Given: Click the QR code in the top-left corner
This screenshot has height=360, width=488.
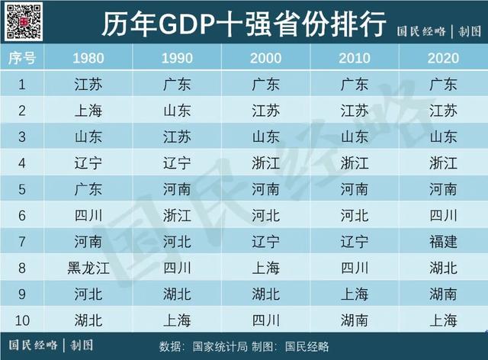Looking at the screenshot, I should (22, 21).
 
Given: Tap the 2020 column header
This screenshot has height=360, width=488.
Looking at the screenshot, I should (443, 58).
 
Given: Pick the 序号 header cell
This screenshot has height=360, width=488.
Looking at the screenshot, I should (22, 58).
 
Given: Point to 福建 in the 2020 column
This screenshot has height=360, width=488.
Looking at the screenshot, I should (443, 242).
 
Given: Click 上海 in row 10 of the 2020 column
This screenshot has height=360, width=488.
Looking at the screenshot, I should (443, 320).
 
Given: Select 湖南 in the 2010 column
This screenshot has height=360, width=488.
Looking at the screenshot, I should (355, 320).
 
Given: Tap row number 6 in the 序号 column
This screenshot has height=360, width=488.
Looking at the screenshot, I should (22, 216).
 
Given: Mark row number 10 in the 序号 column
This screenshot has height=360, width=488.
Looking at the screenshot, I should (22, 320).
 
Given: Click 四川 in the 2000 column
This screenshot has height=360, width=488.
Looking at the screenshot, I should (266, 320).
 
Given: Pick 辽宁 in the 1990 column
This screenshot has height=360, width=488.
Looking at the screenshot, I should (178, 163).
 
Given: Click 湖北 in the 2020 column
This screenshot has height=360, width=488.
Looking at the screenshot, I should (443, 268).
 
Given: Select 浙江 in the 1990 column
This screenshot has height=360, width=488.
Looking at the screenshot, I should (178, 216).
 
